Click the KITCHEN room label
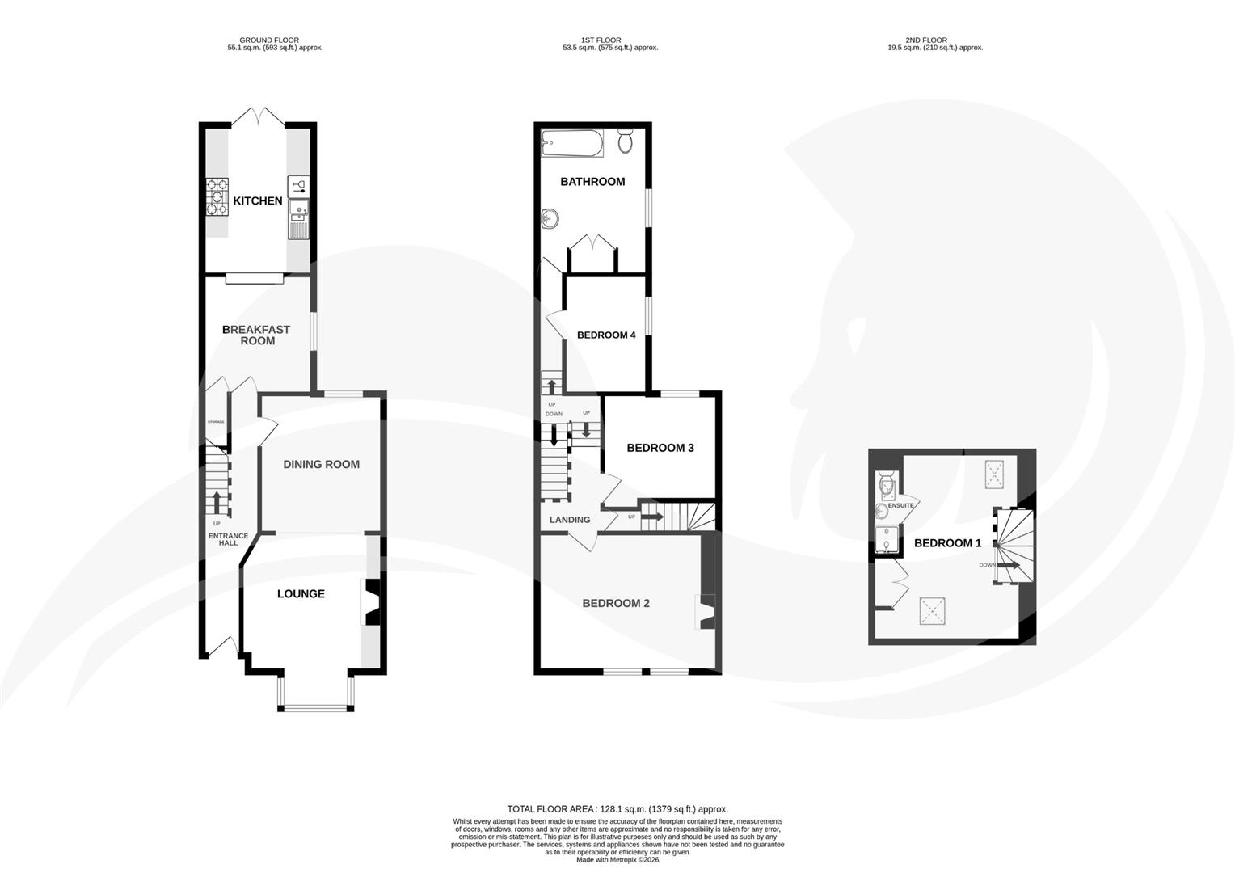[258, 200]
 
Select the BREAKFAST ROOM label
[256, 335]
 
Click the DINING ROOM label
[321, 464]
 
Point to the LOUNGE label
[301, 593]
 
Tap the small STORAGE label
[216, 423]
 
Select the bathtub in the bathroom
[572, 144]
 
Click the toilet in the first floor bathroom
[626, 141]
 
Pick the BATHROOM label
[592, 181]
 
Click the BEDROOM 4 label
[606, 335]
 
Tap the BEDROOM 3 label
[660, 448]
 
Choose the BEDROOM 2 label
[616, 603]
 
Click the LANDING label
[570, 520]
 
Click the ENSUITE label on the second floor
[900, 505]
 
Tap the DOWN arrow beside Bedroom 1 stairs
[1007, 565]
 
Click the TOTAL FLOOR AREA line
[617, 808]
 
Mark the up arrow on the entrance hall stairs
[216, 501]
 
